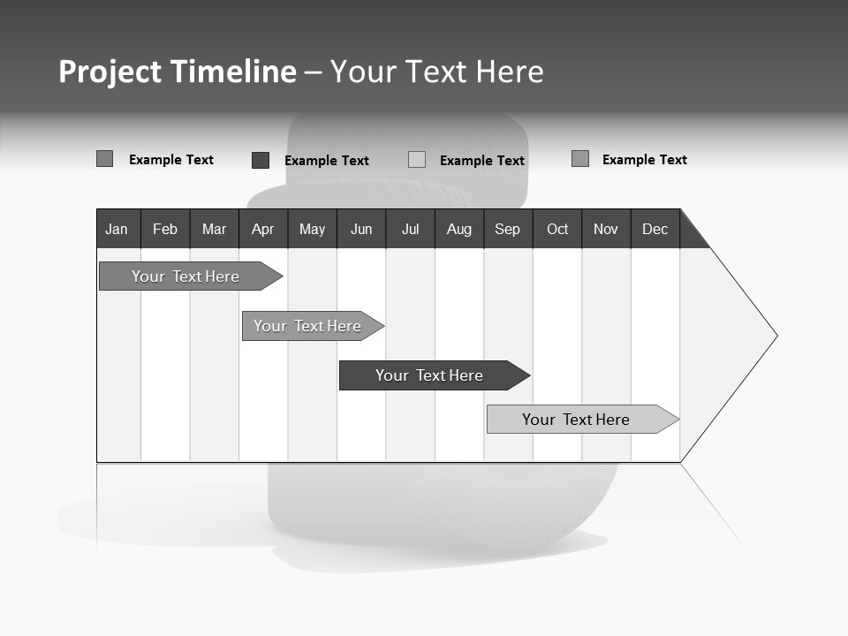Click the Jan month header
point(117,229)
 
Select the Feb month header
point(165,229)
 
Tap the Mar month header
point(214,229)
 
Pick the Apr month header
point(263,229)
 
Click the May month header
point(312,229)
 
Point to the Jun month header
point(361,229)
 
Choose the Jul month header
point(410,229)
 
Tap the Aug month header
point(459,229)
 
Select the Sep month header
point(508,229)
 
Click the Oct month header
point(557,229)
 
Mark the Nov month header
point(606,229)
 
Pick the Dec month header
point(655,229)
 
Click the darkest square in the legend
point(261,160)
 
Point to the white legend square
point(417,160)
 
